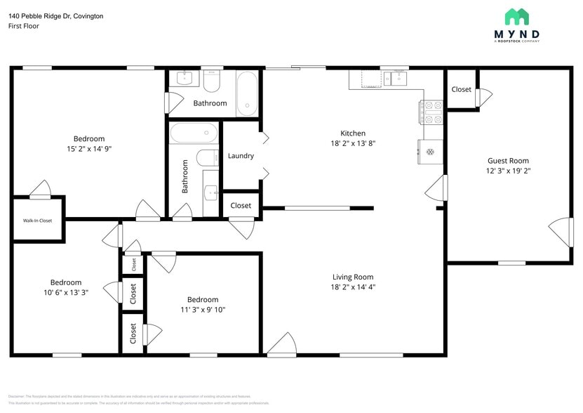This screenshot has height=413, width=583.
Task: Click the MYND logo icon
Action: point(516,17)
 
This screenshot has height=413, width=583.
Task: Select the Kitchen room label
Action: point(353,133)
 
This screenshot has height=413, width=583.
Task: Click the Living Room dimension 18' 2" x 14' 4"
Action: point(353,287)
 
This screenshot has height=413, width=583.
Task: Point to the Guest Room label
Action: point(508,161)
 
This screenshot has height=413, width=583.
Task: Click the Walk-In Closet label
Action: point(37,221)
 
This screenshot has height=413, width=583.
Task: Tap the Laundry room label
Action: point(241,156)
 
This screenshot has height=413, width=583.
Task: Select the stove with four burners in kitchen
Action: point(431,113)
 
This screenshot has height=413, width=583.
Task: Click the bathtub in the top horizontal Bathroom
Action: point(246,93)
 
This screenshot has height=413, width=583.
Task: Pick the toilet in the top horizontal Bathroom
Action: point(211,83)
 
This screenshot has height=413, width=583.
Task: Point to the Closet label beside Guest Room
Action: point(461,89)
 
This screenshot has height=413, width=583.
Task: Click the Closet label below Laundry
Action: point(241,206)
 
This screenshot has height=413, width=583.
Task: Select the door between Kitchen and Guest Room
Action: point(438,188)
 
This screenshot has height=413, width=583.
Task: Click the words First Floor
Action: point(24,26)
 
